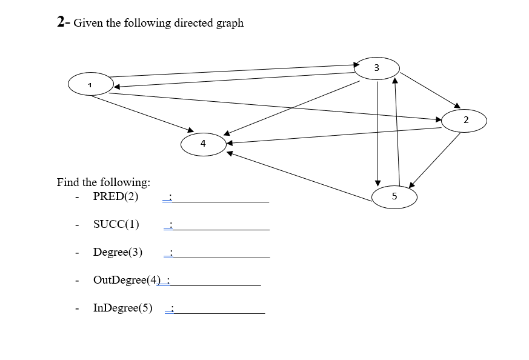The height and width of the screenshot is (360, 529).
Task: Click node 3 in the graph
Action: tap(376, 68)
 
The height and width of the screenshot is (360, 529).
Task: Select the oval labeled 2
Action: tap(464, 120)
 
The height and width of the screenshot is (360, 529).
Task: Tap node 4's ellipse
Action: tap(203, 144)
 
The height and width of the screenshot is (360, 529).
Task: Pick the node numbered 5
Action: tap(394, 196)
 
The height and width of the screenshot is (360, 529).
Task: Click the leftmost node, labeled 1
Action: tap(90, 84)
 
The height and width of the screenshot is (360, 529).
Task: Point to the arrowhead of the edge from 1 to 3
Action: tap(356, 64)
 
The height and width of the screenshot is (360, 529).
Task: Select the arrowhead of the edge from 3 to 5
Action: tap(378, 182)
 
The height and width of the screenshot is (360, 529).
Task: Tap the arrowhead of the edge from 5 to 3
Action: tap(395, 80)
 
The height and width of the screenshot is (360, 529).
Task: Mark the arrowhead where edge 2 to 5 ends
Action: tap(412, 185)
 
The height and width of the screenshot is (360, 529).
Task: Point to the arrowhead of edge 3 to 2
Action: tap(457, 107)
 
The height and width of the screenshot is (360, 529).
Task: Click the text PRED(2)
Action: tap(116, 196)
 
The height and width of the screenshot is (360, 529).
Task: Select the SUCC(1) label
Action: tap(116, 224)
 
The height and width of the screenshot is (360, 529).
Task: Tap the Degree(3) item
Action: tap(118, 252)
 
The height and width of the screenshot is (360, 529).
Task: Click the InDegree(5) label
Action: tap(122, 308)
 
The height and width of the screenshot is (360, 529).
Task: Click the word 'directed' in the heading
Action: tap(193, 23)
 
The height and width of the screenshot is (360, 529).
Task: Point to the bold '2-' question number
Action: tap(64, 22)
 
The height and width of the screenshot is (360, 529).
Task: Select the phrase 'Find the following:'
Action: tap(104, 182)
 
